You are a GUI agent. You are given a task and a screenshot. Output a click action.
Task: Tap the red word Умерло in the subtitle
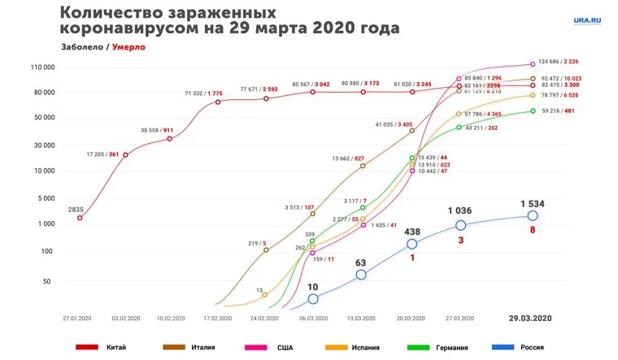pyautogui.click(x=128, y=47)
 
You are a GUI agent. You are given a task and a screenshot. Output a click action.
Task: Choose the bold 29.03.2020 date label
pyautogui.click(x=530, y=316)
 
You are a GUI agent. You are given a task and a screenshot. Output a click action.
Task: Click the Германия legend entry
pyautogui.click(x=451, y=347)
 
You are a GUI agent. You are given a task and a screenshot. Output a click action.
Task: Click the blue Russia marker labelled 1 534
pyautogui.click(x=533, y=215)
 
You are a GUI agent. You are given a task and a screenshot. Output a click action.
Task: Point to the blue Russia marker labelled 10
pyautogui.click(x=313, y=299)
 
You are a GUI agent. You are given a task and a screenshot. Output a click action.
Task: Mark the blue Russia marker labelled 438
pyautogui.click(x=412, y=244)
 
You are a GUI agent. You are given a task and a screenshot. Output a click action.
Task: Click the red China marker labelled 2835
pyautogui.click(x=79, y=218)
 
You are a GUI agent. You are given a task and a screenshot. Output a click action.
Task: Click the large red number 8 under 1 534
pyautogui.click(x=533, y=231)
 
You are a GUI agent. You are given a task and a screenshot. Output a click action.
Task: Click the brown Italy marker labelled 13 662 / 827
pyautogui.click(x=363, y=166)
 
